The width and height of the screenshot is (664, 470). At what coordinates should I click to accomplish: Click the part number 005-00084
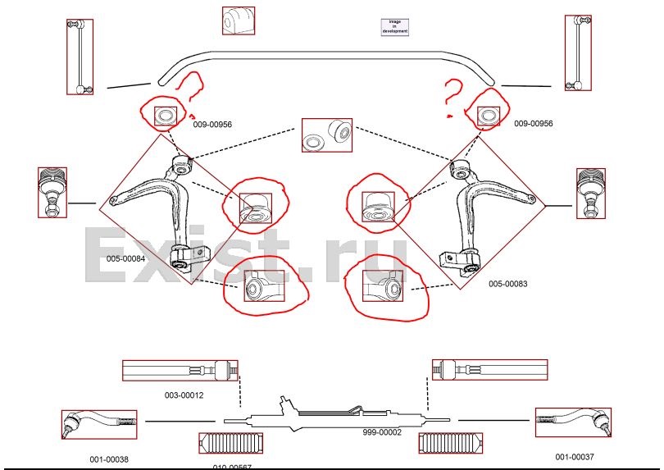pyautogui.click(x=125, y=259)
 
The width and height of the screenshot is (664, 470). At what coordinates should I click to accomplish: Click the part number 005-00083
pyautogui.click(x=507, y=284)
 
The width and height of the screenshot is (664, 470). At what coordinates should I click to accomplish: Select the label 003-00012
pyautogui.click(x=184, y=395)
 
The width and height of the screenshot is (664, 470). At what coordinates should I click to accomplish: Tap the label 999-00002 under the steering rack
pyautogui.click(x=382, y=431)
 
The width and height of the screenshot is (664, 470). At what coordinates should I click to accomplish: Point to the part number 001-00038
pyautogui.click(x=109, y=459)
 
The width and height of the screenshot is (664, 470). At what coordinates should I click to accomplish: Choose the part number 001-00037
pyautogui.click(x=574, y=457)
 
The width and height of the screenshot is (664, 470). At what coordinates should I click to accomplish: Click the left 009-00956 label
pyautogui.click(x=212, y=125)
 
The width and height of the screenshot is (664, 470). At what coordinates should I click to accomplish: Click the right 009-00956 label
pyautogui.click(x=534, y=124)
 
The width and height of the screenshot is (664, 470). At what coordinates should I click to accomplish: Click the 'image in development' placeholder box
pyautogui.click(x=394, y=26)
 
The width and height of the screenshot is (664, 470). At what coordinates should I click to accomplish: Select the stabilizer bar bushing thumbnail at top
pyautogui.click(x=238, y=21)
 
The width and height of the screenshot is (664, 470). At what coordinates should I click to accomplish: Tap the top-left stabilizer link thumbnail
pyautogui.click(x=80, y=57)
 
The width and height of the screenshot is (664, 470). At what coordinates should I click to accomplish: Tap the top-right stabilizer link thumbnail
pyautogui.click(x=577, y=52)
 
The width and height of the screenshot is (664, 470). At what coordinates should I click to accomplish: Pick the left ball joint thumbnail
pyautogui.click(x=52, y=192)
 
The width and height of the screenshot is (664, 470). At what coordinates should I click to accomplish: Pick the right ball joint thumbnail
pyautogui.click(x=590, y=193)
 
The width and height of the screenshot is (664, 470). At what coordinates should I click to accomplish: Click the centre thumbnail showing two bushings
pyautogui.click(x=326, y=135)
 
